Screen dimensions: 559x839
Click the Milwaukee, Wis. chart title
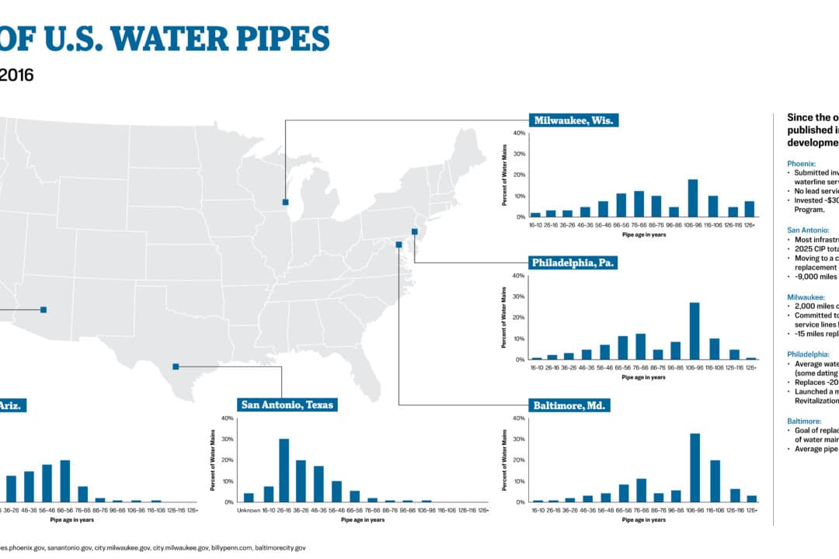coord(573,120)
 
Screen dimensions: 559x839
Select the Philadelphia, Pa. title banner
coord(573,263)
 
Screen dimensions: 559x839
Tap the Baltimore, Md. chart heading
coord(571,405)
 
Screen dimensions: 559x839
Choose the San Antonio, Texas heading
coord(287,404)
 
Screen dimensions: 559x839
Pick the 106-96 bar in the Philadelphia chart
coord(695,331)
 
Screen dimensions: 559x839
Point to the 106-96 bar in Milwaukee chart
coord(693,198)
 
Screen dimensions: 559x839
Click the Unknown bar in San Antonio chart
coord(249,498)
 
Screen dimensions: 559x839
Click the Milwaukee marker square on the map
coord(285,202)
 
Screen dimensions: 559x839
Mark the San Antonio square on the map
coord(176,366)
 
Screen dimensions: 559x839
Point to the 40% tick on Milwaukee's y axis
coord(519,133)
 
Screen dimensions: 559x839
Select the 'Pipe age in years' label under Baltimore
coord(643,519)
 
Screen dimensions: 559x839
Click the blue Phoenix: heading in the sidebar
coord(801,165)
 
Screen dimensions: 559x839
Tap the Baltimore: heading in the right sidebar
coord(804,421)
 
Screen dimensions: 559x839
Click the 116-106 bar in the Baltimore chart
coord(714,481)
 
